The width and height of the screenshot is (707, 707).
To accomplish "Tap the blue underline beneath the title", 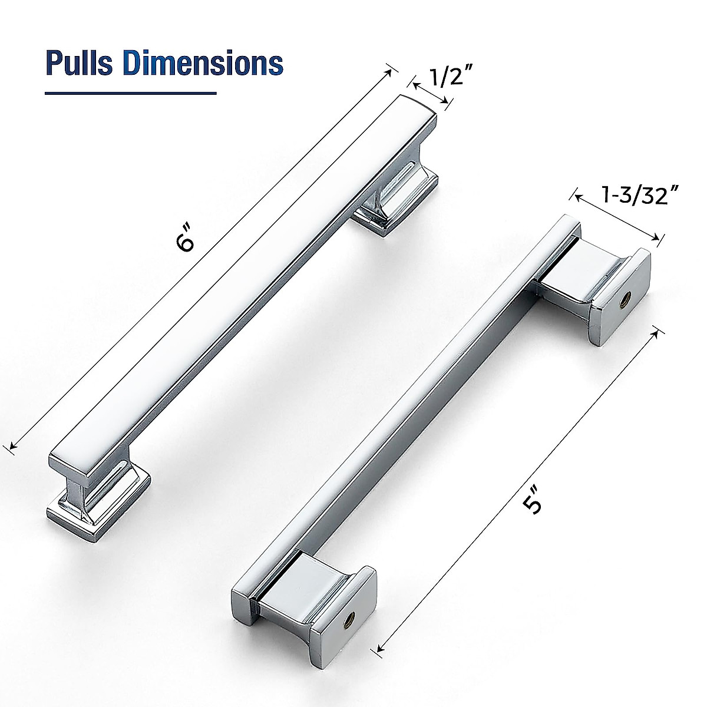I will point(131,93).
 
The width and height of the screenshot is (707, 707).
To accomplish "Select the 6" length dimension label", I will point(186,242).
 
